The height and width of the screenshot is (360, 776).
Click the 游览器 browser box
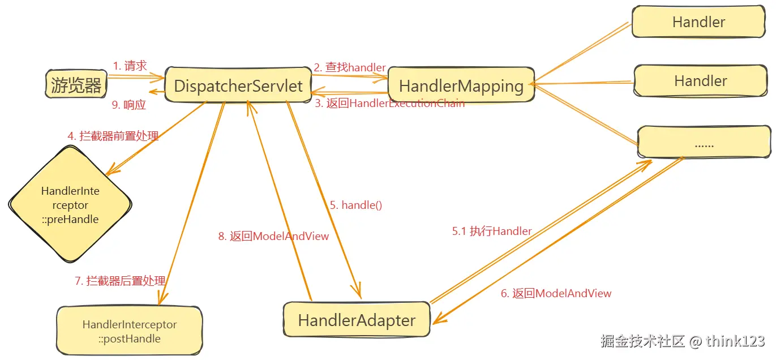76,85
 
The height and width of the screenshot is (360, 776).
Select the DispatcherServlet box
238,86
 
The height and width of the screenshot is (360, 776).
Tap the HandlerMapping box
461,86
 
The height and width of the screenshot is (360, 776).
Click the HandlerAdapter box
357,320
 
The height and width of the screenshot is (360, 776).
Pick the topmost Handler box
698,22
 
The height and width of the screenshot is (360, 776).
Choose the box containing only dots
704,143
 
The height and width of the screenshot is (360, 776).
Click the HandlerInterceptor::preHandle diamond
70,205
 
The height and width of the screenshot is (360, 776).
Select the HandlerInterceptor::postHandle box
129,332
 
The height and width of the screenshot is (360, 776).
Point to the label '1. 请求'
130,66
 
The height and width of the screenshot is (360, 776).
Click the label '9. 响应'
129,105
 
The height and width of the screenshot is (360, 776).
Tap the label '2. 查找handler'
350,67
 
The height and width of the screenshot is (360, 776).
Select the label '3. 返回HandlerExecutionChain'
389,104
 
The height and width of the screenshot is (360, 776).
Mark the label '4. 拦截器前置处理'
113,136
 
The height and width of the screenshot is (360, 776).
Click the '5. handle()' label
356,205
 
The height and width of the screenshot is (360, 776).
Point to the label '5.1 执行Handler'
491,231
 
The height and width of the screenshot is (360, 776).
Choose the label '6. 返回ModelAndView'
556,293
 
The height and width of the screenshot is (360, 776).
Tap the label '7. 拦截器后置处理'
120,281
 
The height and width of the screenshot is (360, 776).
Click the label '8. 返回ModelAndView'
273,236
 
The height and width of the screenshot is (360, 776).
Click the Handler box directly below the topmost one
700,81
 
